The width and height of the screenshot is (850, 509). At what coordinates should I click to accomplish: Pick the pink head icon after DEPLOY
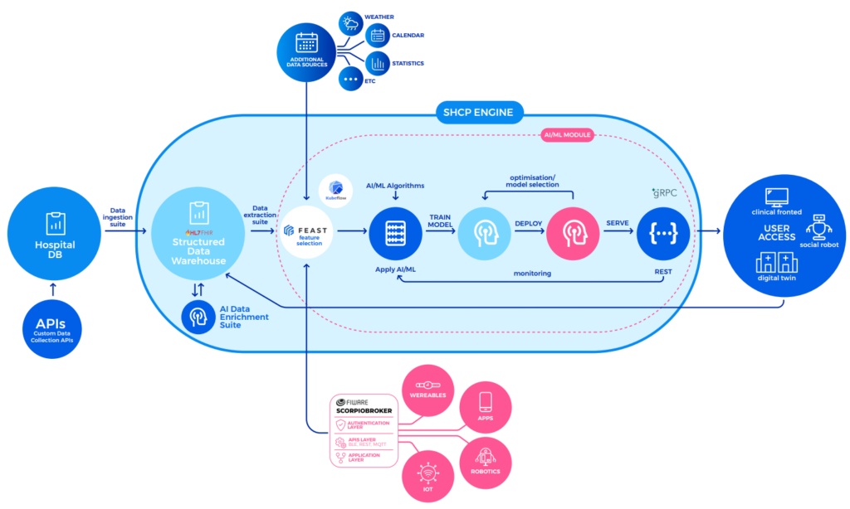pyautogui.click(x=573, y=233)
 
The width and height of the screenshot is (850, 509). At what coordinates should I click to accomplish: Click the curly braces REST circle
pyautogui.click(x=663, y=233)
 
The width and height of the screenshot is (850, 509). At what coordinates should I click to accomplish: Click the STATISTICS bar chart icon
pyautogui.click(x=379, y=63)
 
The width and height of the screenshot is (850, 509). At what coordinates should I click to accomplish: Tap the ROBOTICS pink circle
pyautogui.click(x=486, y=458)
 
